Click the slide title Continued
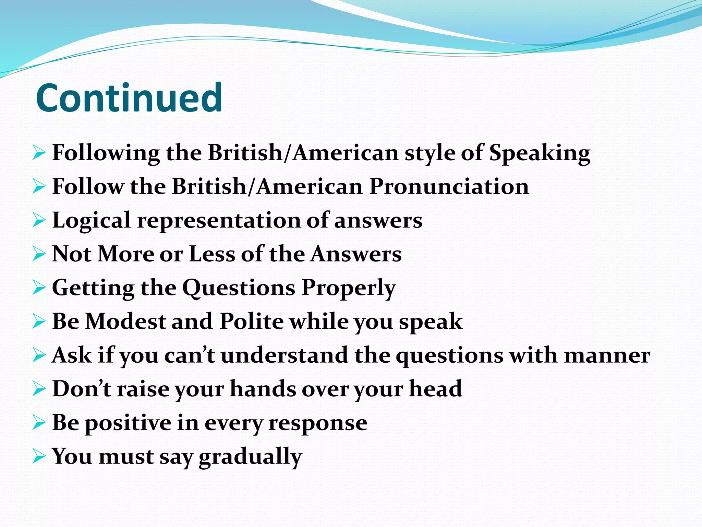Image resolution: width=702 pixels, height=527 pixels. (x=129, y=98)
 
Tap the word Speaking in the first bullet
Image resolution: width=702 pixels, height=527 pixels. (x=540, y=153)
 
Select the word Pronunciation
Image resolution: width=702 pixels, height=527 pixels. (x=449, y=187)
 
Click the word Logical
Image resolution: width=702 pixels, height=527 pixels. (x=91, y=221)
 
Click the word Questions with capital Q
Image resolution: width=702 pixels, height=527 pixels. (x=239, y=288)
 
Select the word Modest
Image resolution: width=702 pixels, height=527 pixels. (x=125, y=321)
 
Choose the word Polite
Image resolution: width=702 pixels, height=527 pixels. (x=252, y=321)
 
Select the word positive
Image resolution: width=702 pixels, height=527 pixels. (x=128, y=423)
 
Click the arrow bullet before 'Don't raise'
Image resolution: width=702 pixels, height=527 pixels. (x=39, y=389)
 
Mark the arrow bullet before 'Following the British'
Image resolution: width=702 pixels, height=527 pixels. (x=39, y=153)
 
